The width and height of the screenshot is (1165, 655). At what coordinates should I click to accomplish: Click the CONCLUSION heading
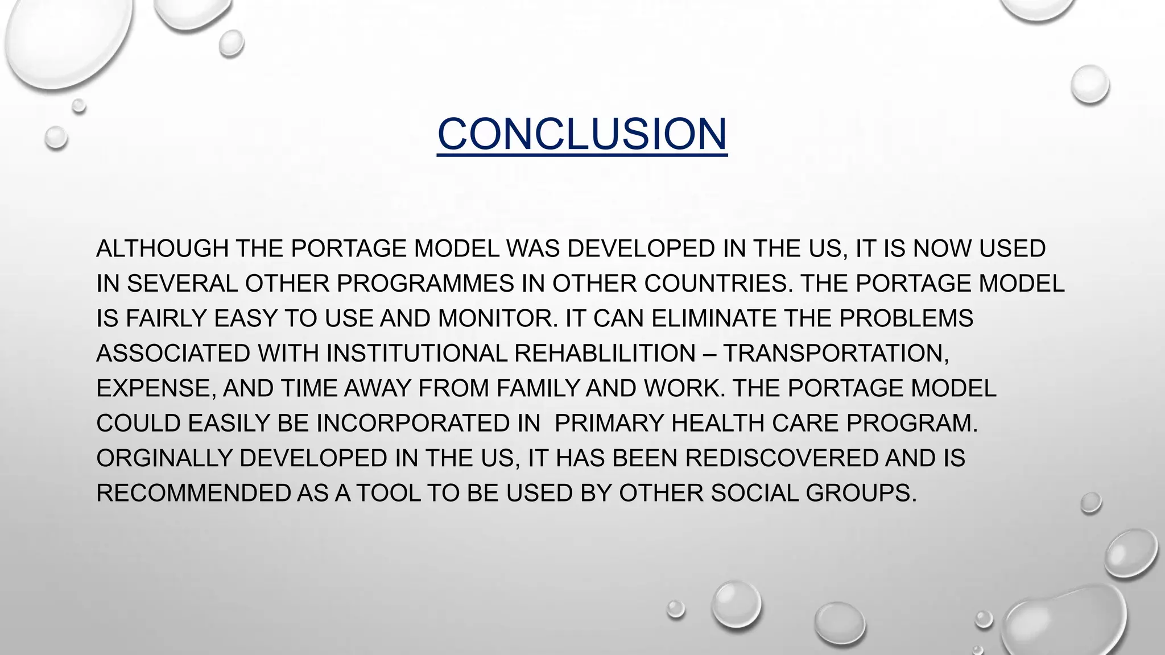point(582,134)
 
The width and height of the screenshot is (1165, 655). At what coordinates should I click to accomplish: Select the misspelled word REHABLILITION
point(605,354)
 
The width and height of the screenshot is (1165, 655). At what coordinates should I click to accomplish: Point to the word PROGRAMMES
point(425,284)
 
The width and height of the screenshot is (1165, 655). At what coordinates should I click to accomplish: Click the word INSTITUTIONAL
point(416,354)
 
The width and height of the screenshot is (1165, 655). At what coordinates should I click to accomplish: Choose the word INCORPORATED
point(428,424)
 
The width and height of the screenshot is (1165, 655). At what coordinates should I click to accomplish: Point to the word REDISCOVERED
point(782,458)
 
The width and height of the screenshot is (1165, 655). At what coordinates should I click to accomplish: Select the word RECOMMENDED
point(193,493)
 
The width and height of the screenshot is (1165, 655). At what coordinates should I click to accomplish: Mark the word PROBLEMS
point(906,318)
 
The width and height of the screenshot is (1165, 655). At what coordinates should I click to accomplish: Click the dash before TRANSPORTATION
point(709,354)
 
